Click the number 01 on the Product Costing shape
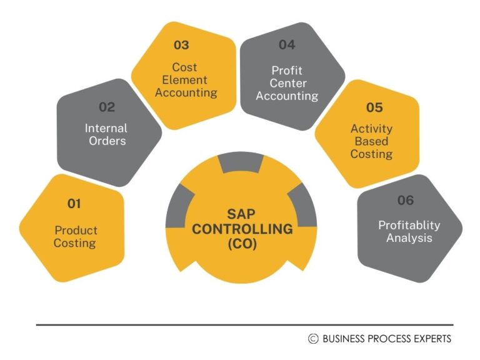[74, 203]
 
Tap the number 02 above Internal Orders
[107, 107]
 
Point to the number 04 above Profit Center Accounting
[287, 45]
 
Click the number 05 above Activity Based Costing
[374, 107]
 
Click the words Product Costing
[76, 237]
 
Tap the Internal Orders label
[107, 134]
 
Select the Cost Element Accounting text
[186, 80]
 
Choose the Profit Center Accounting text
[287, 83]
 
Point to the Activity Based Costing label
[371, 141]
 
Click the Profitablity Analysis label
[409, 231]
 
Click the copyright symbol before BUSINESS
[313, 339]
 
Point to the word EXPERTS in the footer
[429, 339]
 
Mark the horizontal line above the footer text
[244, 325]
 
